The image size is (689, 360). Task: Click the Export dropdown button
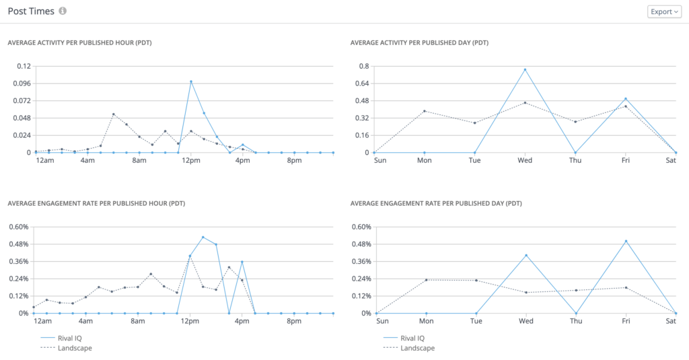pos(663,11)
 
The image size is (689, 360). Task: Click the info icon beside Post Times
pos(63,11)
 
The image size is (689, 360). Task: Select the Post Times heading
pos(30,11)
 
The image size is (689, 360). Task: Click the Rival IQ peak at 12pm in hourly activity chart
pos(191,81)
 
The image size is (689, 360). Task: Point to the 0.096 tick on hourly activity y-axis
pos(22,83)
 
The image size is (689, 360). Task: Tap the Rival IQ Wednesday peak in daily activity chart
pos(525,69)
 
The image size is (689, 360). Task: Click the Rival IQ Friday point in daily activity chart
pos(625,99)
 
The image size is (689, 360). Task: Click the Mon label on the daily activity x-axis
pos(424,161)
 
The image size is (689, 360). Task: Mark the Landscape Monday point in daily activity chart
pos(424,111)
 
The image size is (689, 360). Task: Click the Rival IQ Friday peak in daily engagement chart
pos(626,241)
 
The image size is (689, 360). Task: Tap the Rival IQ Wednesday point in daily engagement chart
pos(525,255)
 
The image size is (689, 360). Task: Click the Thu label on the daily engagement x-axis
pos(575,321)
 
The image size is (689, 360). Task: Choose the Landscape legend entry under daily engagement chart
pos(417,348)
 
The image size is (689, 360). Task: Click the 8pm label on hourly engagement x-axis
pos(294,321)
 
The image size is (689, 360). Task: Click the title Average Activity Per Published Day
pos(419,42)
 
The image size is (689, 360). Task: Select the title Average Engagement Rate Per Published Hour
pos(96,203)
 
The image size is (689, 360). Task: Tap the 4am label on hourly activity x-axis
pos(87,161)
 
